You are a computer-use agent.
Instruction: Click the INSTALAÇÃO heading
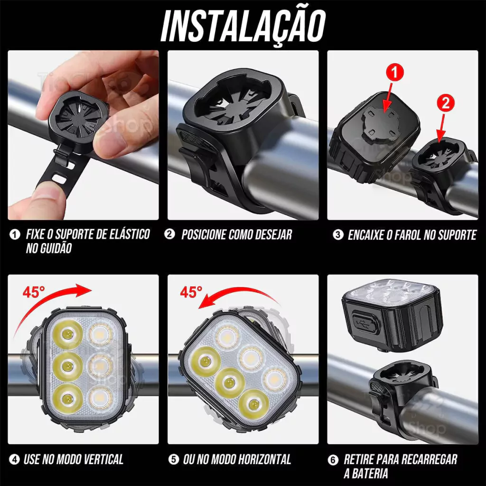pyautogui.click(x=243, y=27)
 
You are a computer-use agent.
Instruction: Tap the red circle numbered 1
pyautogui.click(x=394, y=73)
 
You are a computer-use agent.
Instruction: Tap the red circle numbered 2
pyautogui.click(x=445, y=104)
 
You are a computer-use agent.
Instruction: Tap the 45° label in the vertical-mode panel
pyautogui.click(x=34, y=292)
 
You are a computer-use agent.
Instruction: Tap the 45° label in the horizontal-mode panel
pyautogui.click(x=191, y=292)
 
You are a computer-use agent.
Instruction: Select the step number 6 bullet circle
pyautogui.click(x=333, y=460)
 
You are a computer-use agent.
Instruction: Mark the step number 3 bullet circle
pyautogui.click(x=338, y=234)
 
